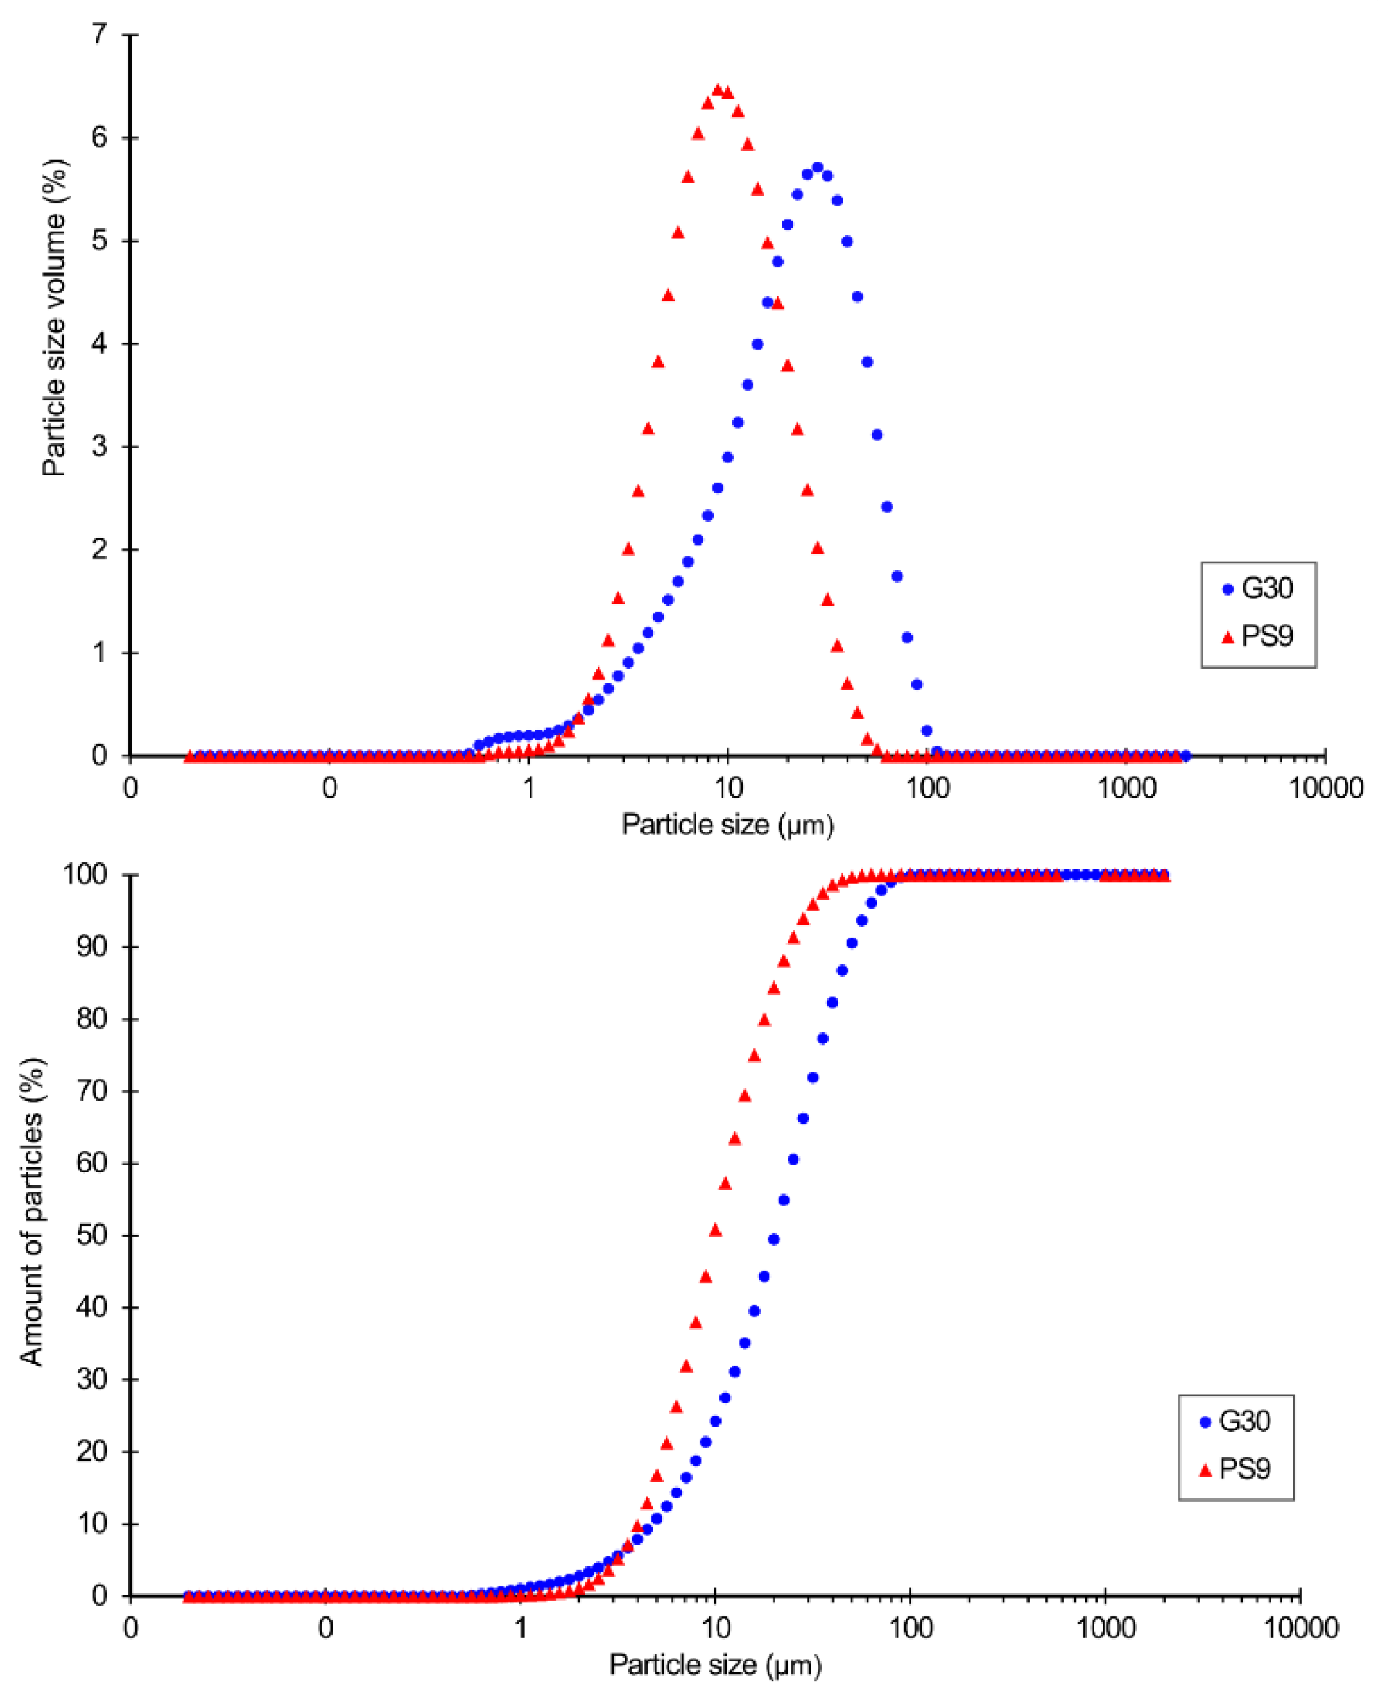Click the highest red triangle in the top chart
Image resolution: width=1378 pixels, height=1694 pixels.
point(717,90)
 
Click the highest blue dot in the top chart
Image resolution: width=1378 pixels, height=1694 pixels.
point(817,167)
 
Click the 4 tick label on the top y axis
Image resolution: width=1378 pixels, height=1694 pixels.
point(99,343)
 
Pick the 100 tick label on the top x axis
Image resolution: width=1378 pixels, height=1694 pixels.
point(927,789)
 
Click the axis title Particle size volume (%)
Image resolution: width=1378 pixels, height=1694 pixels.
point(54,317)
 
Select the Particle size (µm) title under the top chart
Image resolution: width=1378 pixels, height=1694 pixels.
point(727,825)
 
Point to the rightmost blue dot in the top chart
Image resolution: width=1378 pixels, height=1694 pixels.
point(1185,756)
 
